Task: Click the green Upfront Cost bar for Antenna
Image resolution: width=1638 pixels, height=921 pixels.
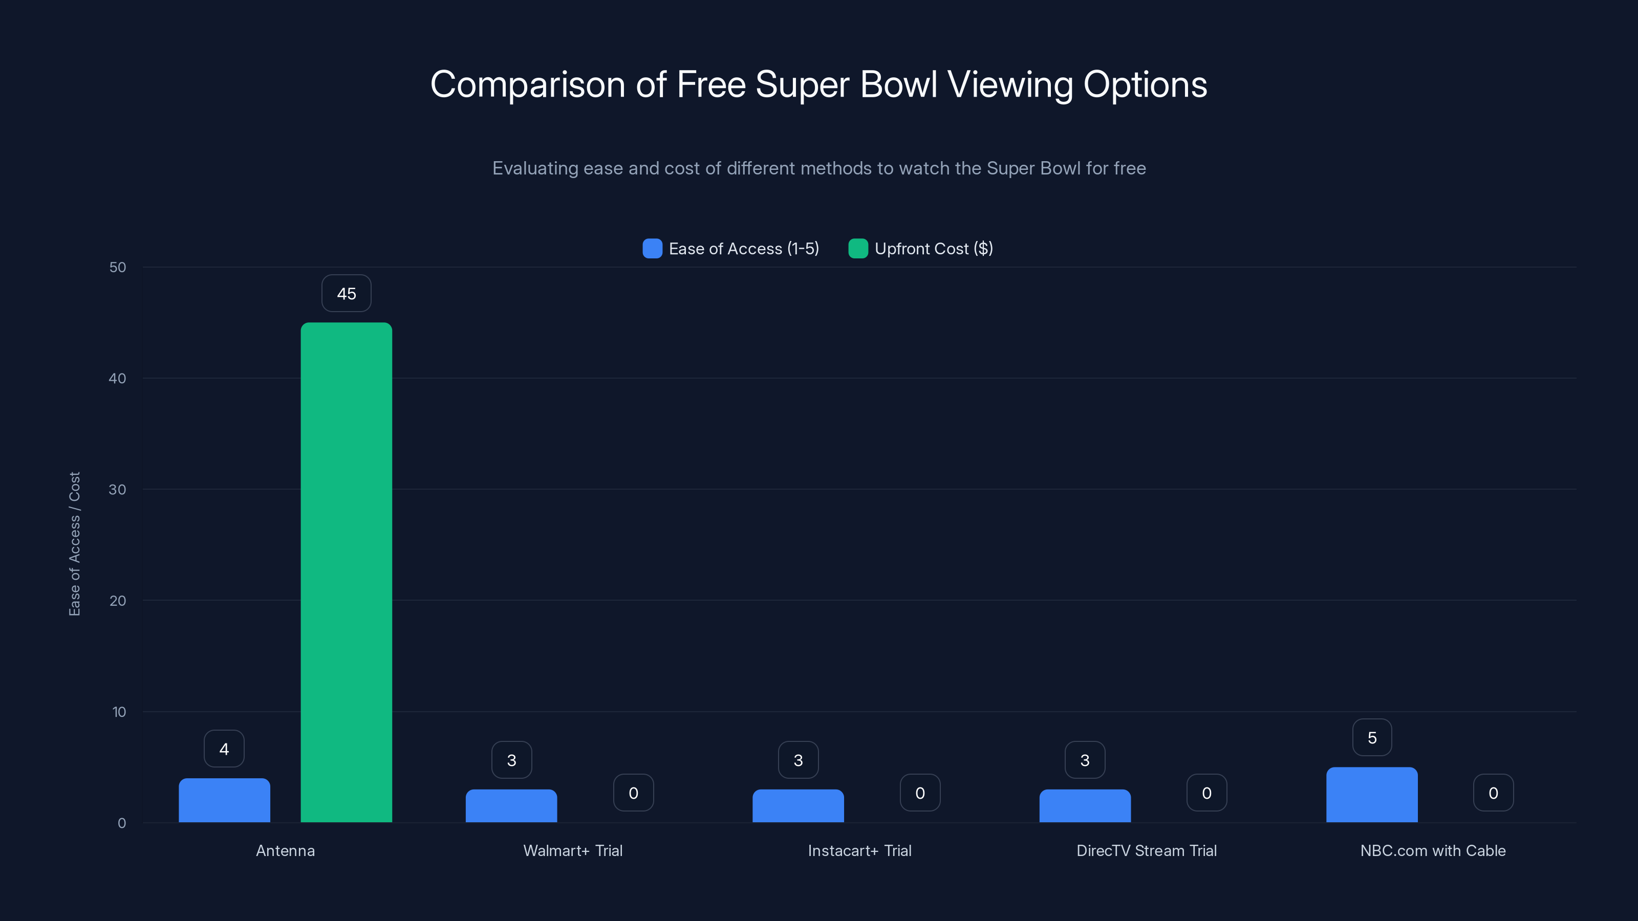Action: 346,572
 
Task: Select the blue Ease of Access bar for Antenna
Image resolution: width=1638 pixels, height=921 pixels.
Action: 224,800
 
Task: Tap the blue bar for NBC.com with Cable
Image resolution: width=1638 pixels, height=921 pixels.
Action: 1372,795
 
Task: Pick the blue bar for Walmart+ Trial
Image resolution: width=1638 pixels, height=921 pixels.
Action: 511,806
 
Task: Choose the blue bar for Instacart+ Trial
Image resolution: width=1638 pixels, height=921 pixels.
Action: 798,806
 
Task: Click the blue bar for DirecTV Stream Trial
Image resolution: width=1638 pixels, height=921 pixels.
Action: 1085,806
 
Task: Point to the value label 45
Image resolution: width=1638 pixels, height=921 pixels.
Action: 346,294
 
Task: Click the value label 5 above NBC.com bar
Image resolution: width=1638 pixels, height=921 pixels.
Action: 1372,738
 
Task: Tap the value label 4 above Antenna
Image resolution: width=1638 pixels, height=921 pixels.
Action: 224,750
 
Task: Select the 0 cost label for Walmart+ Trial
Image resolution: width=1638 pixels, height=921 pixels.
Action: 633,793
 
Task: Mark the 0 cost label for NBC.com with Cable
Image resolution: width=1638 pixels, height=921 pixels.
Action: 1493,793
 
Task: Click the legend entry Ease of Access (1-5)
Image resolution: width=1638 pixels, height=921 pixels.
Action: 731,249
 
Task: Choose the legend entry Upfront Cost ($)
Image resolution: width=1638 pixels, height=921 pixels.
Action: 921,249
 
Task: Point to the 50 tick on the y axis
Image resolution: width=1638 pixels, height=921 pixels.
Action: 118,268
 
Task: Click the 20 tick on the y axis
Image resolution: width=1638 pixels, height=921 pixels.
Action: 118,601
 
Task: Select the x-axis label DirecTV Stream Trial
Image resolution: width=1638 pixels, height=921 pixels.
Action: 1146,851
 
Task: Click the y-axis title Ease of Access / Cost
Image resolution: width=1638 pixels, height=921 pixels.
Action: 74,543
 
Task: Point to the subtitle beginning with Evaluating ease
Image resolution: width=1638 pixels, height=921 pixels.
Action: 819,168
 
